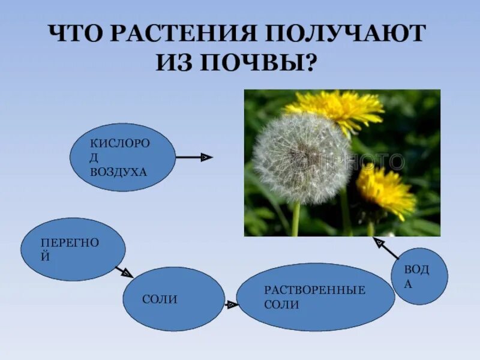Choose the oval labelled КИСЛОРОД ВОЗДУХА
click(122, 157)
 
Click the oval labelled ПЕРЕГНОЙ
click(73, 249)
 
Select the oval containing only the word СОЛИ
click(173, 299)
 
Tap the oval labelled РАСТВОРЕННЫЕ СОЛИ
click(315, 297)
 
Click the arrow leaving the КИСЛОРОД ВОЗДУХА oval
click(194, 157)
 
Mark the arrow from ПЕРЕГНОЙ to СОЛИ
click(124, 272)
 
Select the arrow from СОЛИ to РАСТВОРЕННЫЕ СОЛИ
click(231, 305)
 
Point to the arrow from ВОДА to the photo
click(386, 248)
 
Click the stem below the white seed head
click(296, 219)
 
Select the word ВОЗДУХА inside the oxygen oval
click(118, 172)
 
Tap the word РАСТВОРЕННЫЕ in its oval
click(314, 290)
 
